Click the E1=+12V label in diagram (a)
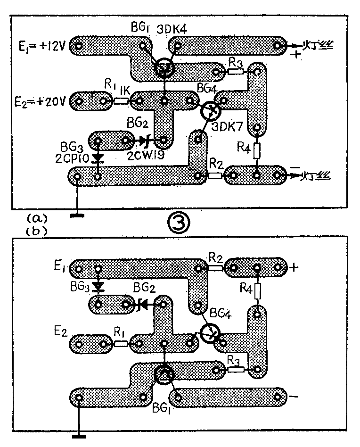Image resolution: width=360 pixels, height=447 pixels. [41, 46]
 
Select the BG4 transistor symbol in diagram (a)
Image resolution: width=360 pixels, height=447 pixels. [210, 111]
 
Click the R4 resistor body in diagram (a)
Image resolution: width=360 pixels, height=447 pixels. [257, 151]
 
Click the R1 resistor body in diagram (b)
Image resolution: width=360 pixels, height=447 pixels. [121, 343]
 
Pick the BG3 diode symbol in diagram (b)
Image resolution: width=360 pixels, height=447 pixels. [98, 286]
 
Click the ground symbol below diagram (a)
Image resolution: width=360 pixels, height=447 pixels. [75, 215]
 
